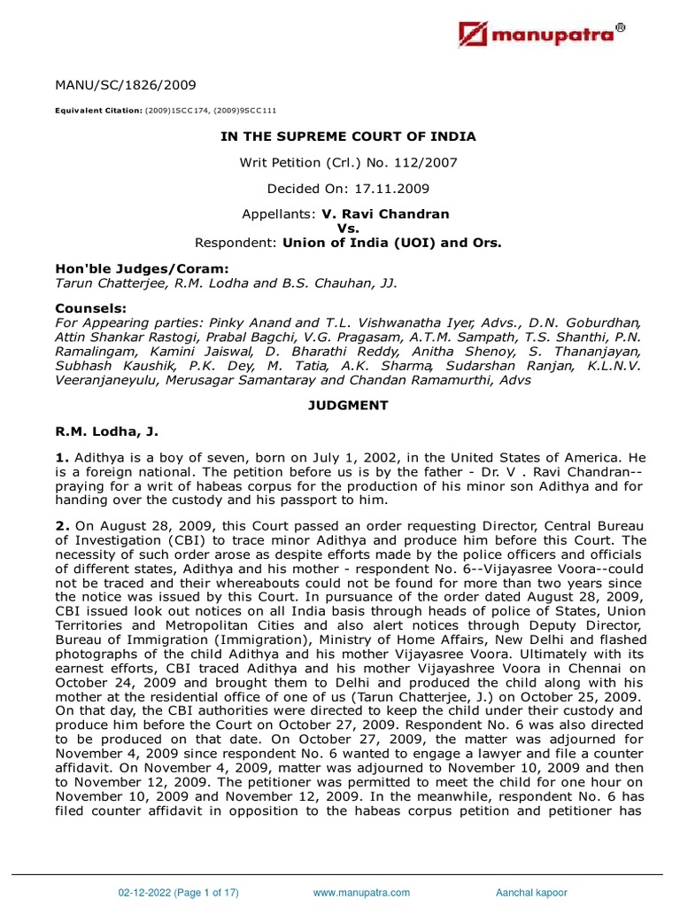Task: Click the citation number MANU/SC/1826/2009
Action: (x=114, y=85)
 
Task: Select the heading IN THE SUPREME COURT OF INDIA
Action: (x=348, y=136)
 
